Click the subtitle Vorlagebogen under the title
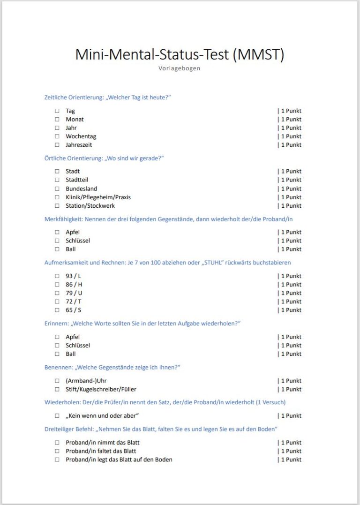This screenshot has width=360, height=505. pyautogui.click(x=180, y=68)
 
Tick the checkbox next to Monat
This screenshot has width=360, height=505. pyautogui.click(x=57, y=120)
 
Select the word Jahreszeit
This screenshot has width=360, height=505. pyautogui.click(x=79, y=145)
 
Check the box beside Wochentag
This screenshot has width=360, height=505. pyautogui.click(x=57, y=136)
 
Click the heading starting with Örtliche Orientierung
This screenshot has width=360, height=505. pyautogui.click(x=104, y=158)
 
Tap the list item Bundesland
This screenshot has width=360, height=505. pyautogui.click(x=82, y=188)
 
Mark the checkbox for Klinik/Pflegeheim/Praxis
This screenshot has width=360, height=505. pyautogui.click(x=57, y=197)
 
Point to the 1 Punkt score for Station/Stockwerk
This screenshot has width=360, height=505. pyautogui.click(x=290, y=206)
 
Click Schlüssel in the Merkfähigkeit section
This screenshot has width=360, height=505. pyautogui.click(x=78, y=241)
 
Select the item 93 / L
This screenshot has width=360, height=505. pyautogui.click(x=74, y=276)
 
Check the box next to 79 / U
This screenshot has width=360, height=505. pyautogui.click(x=57, y=293)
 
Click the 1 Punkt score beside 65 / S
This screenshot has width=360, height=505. pyautogui.click(x=290, y=310)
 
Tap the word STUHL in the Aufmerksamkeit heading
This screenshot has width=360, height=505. pyautogui.click(x=209, y=263)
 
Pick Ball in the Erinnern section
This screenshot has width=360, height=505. pyautogui.click(x=71, y=354)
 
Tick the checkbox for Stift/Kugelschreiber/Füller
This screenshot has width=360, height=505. pyautogui.click(x=57, y=390)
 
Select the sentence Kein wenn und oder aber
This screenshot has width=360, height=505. pyautogui.click(x=103, y=416)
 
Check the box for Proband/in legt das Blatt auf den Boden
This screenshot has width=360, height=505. pyautogui.click(x=57, y=460)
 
